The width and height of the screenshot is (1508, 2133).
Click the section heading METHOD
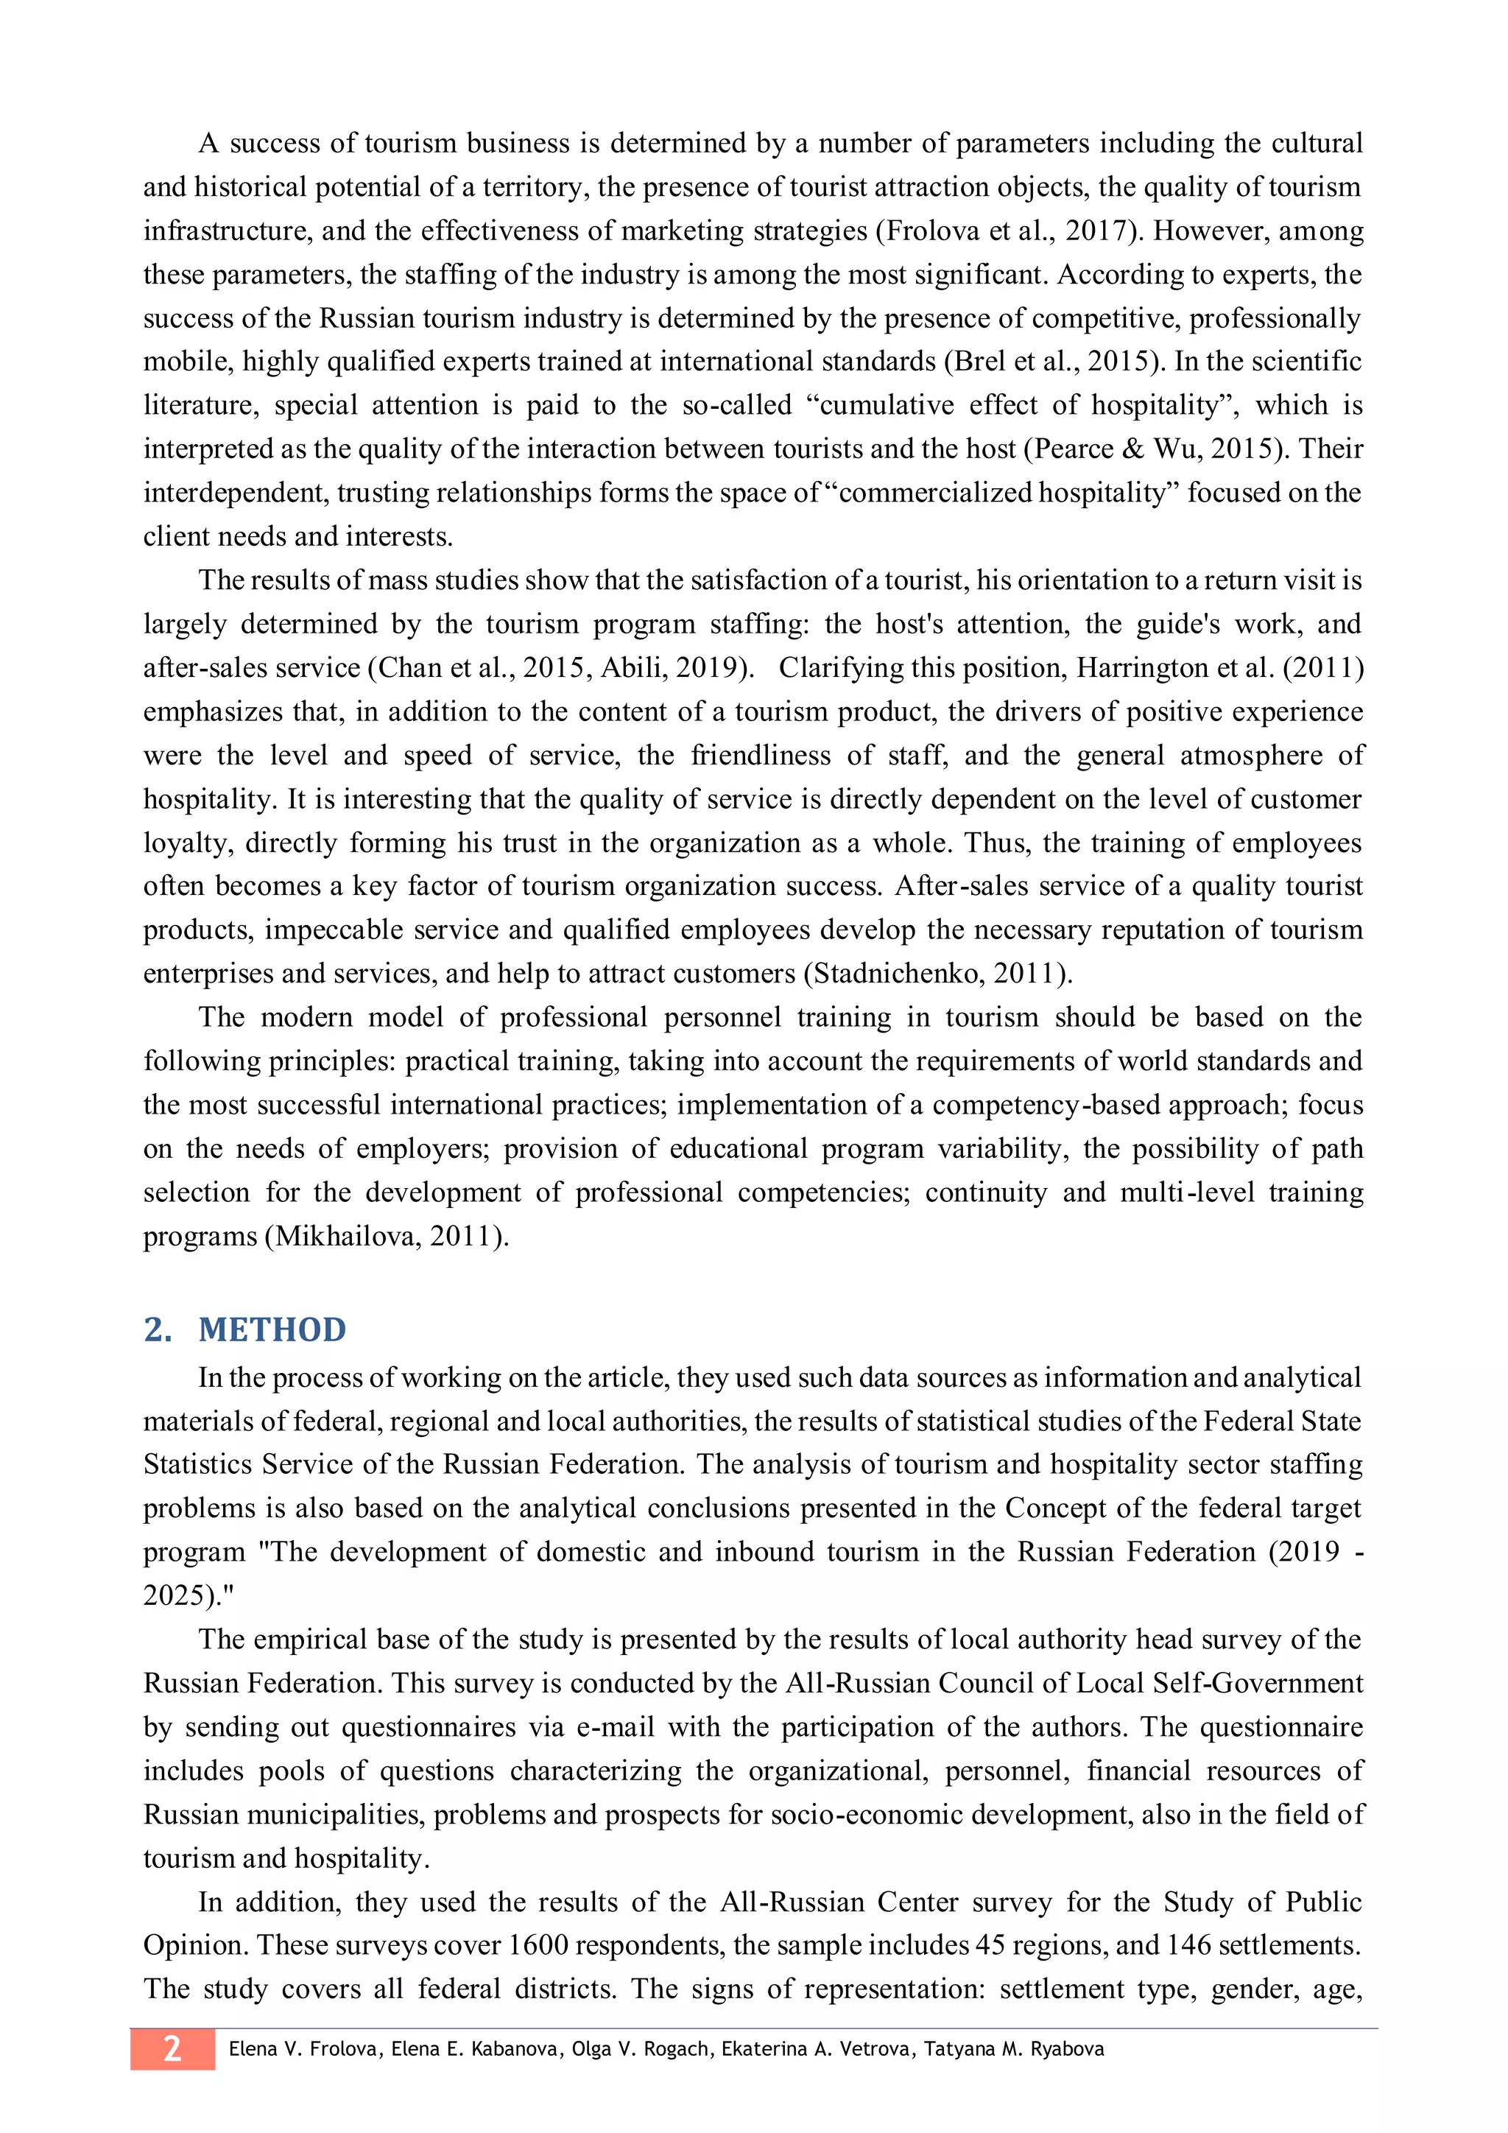point(271,1329)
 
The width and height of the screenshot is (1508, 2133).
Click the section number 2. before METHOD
point(157,1329)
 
